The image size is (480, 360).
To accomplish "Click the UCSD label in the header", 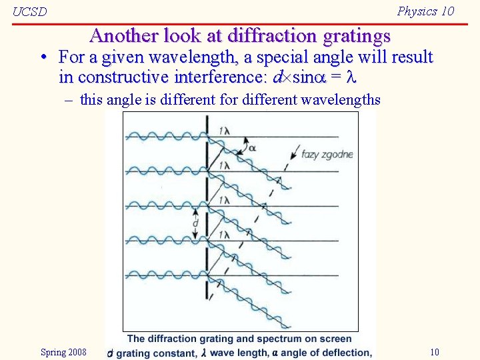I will click(x=30, y=12).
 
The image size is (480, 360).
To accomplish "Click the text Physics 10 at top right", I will click(x=425, y=11).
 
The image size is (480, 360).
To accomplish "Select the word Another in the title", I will click(x=120, y=35).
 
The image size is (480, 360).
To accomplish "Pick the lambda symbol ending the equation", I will click(x=353, y=77).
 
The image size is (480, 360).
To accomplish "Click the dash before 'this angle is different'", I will click(x=69, y=100).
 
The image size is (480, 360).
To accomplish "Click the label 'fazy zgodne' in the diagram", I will click(x=327, y=155).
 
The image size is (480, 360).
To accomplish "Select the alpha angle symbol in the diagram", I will click(x=252, y=148).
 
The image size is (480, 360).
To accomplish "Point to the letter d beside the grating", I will click(x=195, y=224).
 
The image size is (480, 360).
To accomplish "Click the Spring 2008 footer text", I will click(x=63, y=352).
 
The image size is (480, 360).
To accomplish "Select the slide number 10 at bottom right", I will click(x=434, y=352).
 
